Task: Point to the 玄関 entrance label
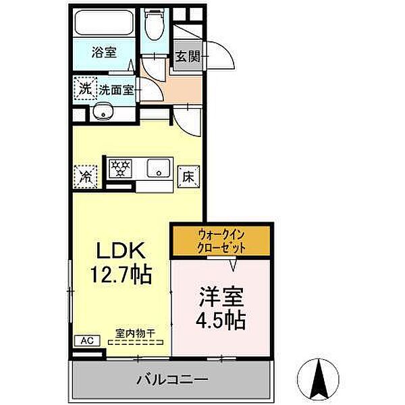(x=188, y=57)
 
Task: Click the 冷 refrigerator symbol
(x=86, y=176)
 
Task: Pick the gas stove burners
(x=120, y=167)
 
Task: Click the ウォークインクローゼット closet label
(x=222, y=241)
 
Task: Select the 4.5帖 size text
(x=221, y=319)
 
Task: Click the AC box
(x=86, y=341)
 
